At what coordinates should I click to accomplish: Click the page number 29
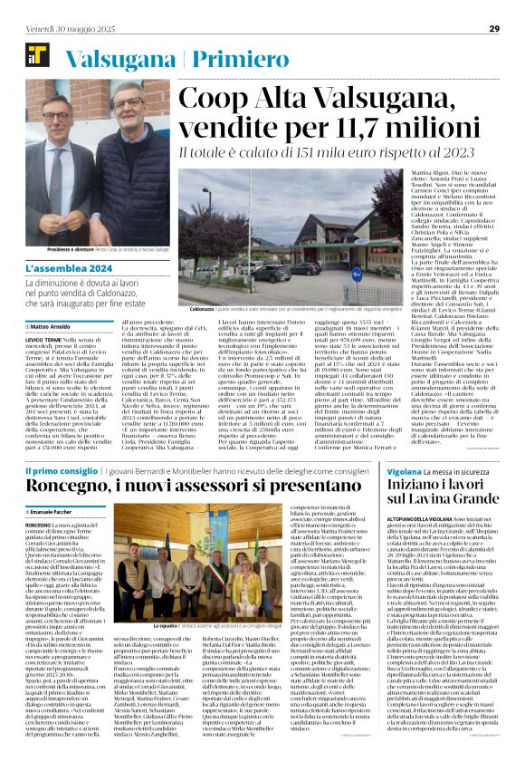coord(494,28)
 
